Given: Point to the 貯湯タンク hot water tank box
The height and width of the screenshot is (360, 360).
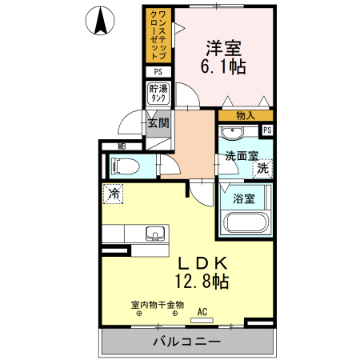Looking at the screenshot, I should (158, 93).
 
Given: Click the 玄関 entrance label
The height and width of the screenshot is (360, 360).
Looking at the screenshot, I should (158, 123).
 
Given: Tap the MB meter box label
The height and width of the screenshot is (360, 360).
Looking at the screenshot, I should (122, 146).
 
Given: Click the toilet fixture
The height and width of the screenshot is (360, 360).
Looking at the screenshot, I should (126, 166).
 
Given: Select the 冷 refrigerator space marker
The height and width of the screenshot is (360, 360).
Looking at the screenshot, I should (114, 193).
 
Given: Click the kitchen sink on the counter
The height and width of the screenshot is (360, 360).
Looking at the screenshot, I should (156, 234).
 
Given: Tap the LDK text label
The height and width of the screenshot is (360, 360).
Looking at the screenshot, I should (203, 262).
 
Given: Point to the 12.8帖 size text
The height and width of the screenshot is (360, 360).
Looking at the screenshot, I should (203, 281).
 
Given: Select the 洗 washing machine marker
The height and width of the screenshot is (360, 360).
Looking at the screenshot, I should (262, 170).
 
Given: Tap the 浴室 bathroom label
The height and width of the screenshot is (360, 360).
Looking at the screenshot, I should (244, 197).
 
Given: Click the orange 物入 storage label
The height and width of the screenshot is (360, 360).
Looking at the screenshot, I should (246, 116).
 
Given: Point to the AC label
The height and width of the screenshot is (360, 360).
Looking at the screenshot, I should (202, 311).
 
